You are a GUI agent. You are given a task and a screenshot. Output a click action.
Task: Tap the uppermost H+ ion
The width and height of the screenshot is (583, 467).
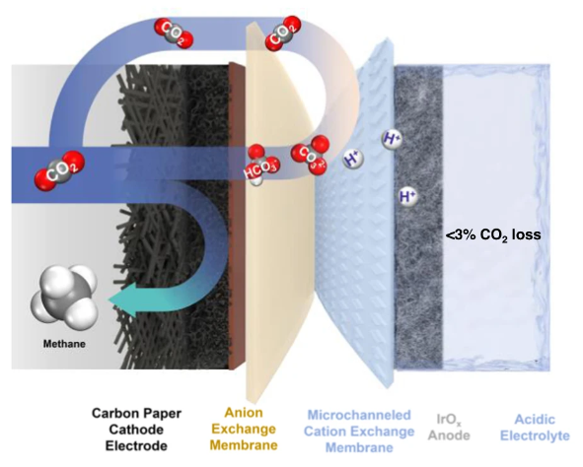[x=393, y=138]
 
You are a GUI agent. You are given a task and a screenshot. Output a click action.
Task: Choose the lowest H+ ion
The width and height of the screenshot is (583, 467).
[x=406, y=197]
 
